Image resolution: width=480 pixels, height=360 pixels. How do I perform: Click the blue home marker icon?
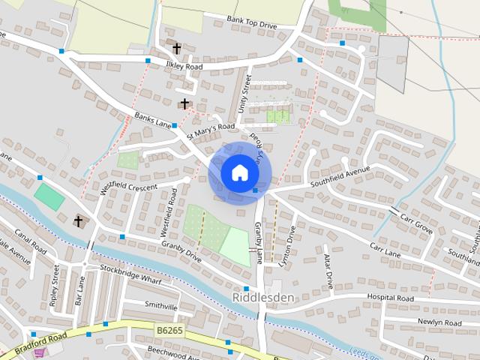pos(239,172)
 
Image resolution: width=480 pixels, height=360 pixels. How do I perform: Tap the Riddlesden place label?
pos(263,297)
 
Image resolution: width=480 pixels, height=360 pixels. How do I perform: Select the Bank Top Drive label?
pos(251,22)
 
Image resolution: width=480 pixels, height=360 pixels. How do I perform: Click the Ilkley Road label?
pos(184,66)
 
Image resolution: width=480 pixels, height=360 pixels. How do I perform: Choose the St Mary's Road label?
pos(211,132)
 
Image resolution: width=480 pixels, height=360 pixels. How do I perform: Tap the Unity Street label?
pos(242,97)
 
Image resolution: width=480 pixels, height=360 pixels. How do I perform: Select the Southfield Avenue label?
pos(341,180)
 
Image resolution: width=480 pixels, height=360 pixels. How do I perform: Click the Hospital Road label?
pos(390,298)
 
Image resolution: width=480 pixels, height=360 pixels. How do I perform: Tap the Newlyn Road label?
pos(439,322)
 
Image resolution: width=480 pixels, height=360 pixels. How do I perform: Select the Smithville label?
pos(161,306)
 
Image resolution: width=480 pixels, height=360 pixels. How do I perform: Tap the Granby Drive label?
pos(181,250)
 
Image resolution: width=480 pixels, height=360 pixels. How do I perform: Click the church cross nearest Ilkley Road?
pos(177,49)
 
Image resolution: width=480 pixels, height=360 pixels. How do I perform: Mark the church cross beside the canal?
pos(78,221)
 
